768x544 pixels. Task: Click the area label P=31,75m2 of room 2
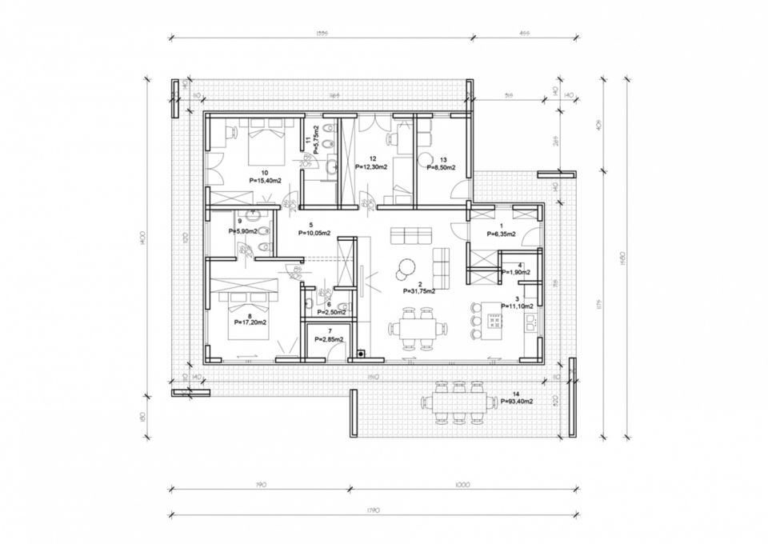point(419,291)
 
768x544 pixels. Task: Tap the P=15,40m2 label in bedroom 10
point(264,181)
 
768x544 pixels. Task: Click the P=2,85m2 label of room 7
point(330,339)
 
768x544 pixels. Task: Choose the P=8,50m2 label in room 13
point(441,168)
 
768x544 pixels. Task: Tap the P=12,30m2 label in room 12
point(371,166)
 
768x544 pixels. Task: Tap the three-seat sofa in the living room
point(406,235)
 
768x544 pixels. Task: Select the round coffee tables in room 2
point(405,268)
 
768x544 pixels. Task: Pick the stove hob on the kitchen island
point(494,323)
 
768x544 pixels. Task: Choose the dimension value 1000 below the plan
point(462,485)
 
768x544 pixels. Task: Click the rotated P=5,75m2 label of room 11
point(318,138)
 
